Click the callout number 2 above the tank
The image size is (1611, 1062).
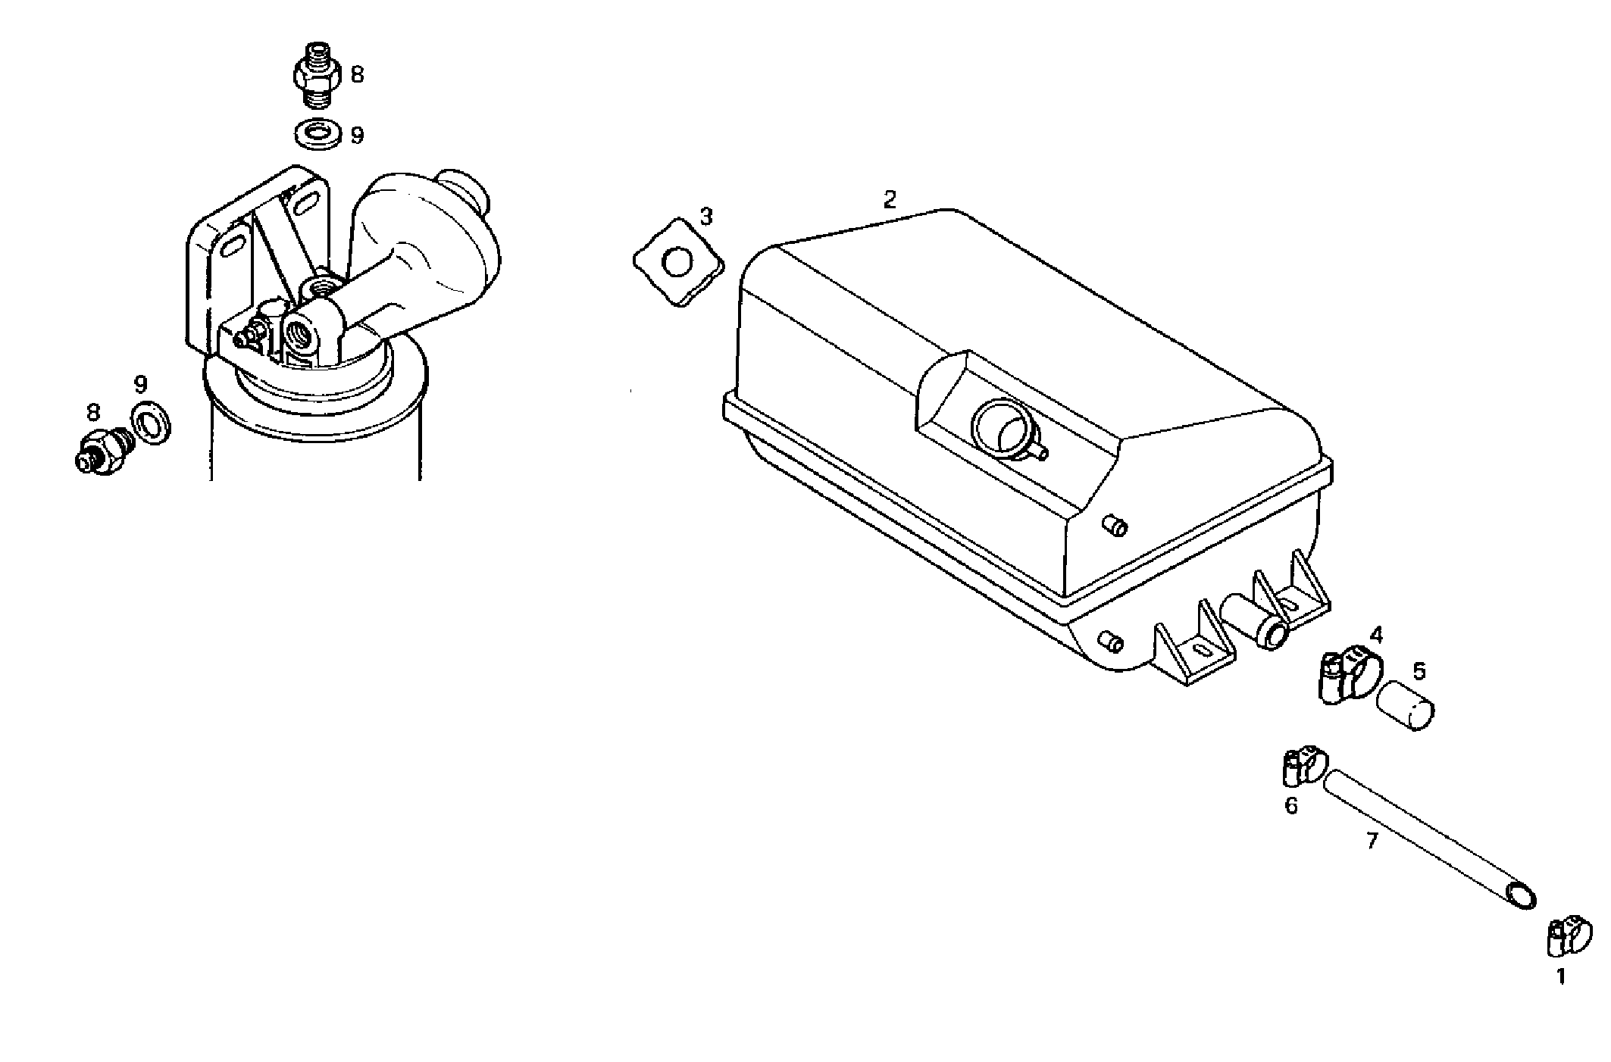[x=890, y=200]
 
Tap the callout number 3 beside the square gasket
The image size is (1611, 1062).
[x=706, y=217]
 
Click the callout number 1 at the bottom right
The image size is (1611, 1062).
[x=1561, y=978]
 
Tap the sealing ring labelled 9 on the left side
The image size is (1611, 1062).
[x=150, y=423]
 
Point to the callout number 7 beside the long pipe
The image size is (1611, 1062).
[x=1372, y=841]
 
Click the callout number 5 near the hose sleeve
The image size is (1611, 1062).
[x=1419, y=670]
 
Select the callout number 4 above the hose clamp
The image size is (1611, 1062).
[x=1376, y=634]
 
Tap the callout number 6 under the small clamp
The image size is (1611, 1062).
[x=1291, y=806]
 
